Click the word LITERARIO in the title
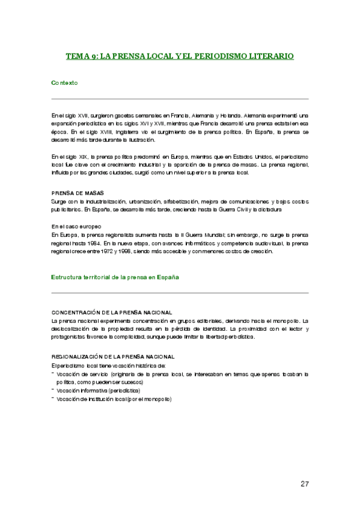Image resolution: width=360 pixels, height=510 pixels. point(272,56)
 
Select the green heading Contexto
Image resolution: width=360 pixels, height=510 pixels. point(64,82)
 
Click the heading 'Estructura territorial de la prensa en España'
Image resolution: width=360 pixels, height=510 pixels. point(115,277)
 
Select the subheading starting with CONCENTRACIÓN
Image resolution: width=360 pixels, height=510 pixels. point(112,313)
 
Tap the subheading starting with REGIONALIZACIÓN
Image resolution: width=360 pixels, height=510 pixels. point(114,356)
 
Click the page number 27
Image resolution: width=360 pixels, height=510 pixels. point(305,484)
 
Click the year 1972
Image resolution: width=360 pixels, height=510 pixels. point(116,251)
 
